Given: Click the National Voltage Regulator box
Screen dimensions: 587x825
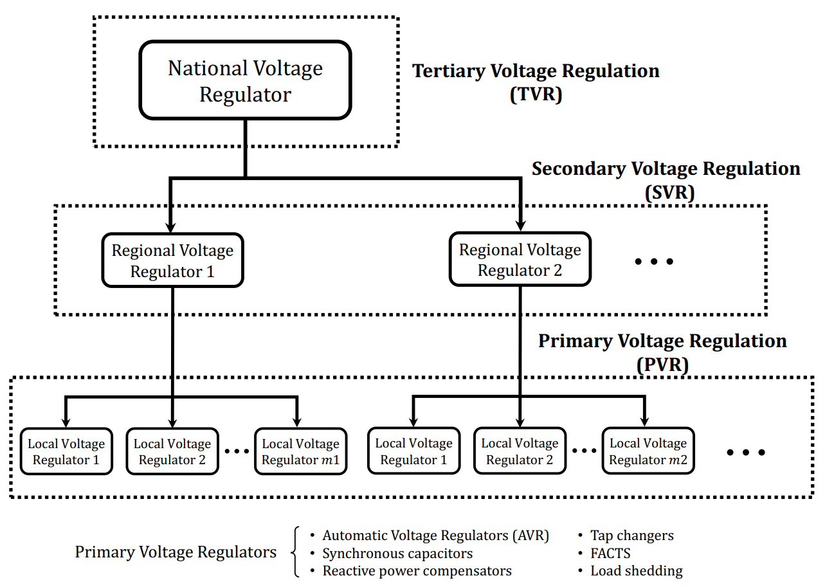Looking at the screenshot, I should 245,81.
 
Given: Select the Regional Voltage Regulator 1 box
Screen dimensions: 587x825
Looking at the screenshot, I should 172,260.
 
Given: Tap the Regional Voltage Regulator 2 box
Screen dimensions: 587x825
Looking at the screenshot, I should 520,260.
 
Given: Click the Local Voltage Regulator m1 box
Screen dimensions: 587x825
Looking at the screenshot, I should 300,451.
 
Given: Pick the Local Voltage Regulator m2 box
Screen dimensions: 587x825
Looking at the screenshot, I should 648,451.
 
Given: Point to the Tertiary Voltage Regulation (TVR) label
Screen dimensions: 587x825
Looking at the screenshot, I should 536,82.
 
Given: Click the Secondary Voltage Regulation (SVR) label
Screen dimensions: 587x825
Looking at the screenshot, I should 666,180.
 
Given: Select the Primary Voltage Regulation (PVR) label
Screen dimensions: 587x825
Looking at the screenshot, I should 662,352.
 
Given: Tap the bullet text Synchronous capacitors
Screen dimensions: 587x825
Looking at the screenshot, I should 397,554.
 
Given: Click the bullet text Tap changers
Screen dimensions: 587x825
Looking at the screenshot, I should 631,536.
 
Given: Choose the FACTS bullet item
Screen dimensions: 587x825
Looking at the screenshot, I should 610,553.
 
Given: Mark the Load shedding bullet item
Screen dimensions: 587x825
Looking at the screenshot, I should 636,571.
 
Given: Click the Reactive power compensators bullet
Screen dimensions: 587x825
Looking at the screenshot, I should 417,571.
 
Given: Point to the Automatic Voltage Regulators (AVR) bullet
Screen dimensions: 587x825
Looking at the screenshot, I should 435,536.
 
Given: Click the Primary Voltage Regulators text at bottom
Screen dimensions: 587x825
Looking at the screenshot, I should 176,552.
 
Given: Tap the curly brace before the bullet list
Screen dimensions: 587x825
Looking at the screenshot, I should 296,552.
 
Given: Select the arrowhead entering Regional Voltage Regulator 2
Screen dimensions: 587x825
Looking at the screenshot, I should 520,226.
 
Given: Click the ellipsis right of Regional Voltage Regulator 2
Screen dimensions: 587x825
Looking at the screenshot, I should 654,261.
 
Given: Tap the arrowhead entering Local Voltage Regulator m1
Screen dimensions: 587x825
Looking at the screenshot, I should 297,421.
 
